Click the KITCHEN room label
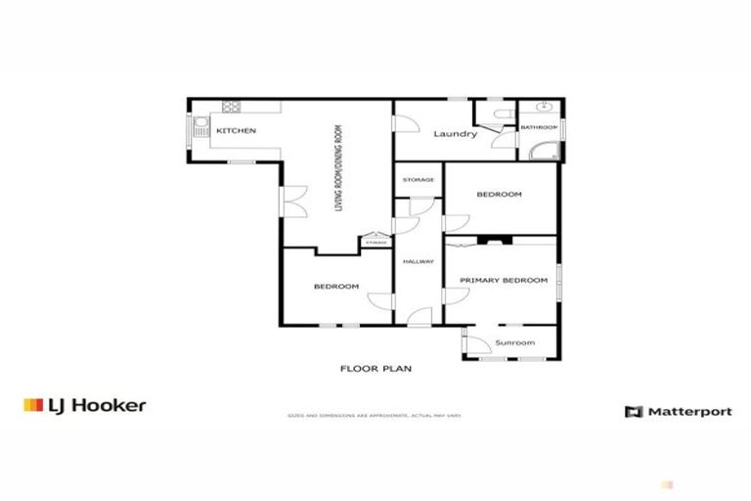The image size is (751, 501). [236, 131]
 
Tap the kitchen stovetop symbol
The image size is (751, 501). [233, 107]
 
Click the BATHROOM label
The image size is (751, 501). [538, 127]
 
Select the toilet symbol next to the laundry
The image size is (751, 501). [500, 116]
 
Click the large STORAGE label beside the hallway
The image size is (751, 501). [419, 180]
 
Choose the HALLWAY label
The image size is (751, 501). [419, 260]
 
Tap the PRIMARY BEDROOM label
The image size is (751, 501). [504, 281]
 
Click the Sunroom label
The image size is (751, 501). [515, 342]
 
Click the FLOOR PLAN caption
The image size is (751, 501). [375, 369]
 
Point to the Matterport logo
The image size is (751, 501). [678, 411]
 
